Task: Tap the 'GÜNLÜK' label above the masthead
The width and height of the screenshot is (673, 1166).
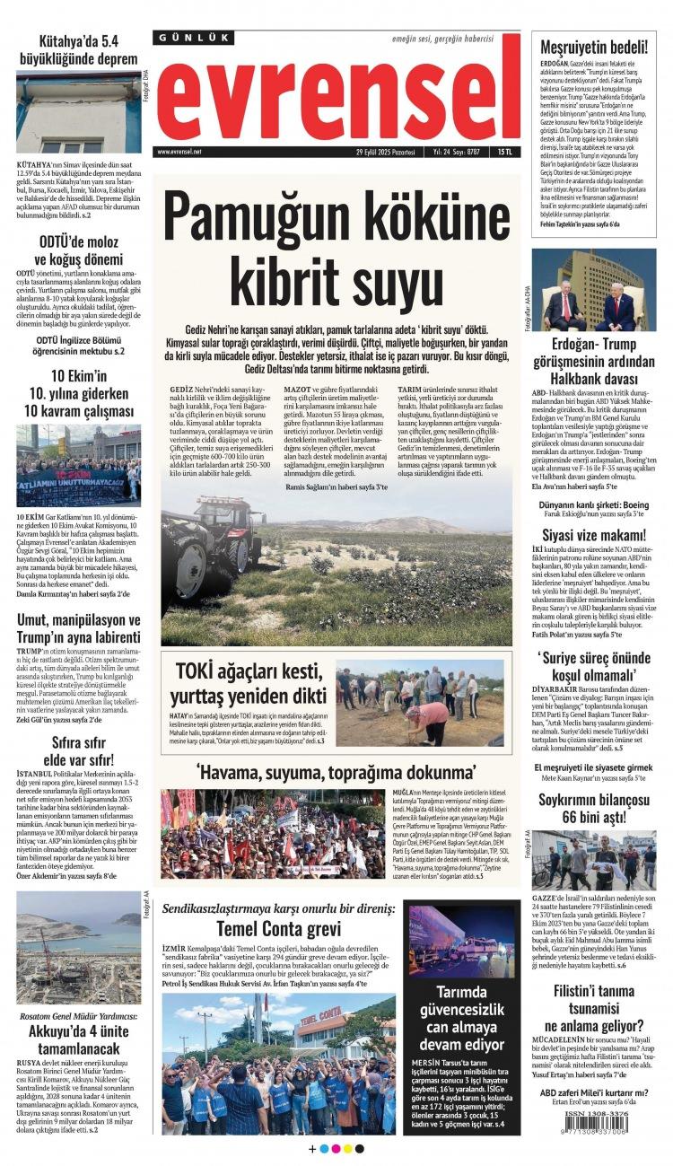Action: point(194,38)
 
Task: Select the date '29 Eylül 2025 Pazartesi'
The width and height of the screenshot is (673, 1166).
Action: point(390,153)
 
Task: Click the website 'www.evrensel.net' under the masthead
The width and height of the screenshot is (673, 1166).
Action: point(180,153)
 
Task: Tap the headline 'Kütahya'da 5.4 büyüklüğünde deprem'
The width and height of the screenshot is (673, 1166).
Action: point(79,50)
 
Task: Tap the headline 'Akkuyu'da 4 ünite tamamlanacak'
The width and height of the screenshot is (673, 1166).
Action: point(79,1038)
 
